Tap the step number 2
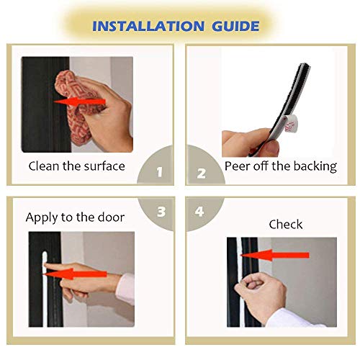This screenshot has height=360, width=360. tap(201, 173)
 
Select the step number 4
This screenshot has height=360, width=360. tap(201, 212)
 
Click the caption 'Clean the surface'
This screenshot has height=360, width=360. tap(76, 166)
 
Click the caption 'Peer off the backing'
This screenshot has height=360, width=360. tap(281, 166)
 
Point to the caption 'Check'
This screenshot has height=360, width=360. tap(286, 225)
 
